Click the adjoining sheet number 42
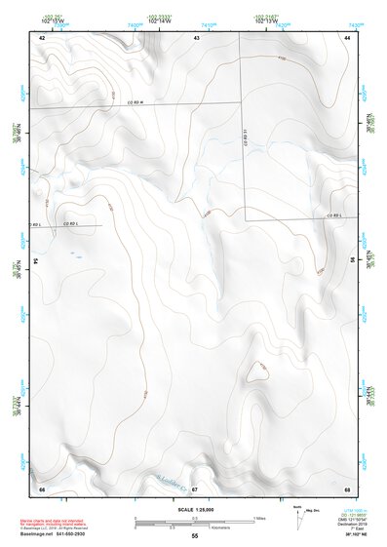point(42,36)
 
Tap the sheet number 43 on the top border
point(196,36)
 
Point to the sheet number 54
point(36,261)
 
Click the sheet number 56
point(352,261)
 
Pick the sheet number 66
point(42,488)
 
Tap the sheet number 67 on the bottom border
point(195,488)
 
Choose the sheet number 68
point(347,488)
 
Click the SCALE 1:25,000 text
point(194,509)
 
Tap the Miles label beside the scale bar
point(258,517)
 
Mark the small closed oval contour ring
point(257,371)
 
